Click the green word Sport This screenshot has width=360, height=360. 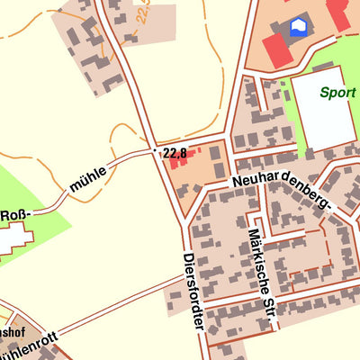[x=336, y=92]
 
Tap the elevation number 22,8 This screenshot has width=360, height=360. [x=175, y=153]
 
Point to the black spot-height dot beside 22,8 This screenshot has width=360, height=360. [x=156, y=149]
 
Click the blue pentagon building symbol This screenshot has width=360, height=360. [x=297, y=28]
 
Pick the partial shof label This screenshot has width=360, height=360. [x=8, y=332]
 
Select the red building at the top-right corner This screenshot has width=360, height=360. [x=340, y=13]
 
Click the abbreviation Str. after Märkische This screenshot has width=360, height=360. [x=266, y=309]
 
